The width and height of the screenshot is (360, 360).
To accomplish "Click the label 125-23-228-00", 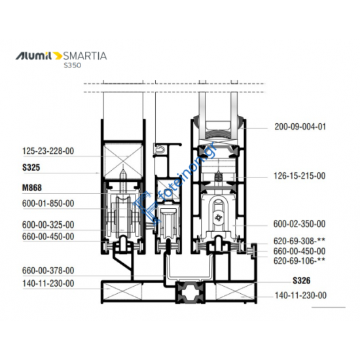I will click(x=48, y=151).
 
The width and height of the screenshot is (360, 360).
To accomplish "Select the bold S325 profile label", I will click(x=31, y=168).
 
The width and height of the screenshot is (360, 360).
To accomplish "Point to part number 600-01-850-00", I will click(x=48, y=204).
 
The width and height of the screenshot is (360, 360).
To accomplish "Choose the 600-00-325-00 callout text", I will click(x=48, y=225).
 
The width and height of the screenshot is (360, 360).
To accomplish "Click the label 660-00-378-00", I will click(x=48, y=270).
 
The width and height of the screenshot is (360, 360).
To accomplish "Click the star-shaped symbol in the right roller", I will click(x=217, y=215).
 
